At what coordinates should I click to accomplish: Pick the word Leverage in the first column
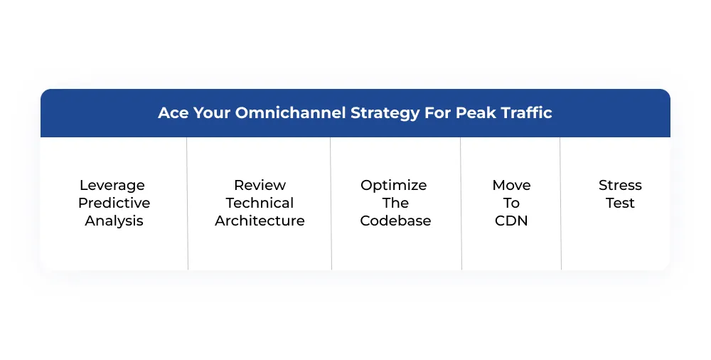point(112,185)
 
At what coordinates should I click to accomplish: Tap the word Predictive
point(114,203)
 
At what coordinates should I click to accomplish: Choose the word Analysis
point(114,221)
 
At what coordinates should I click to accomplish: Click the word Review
point(260,185)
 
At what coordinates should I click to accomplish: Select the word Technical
point(260,203)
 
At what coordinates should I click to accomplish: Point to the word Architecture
point(260,221)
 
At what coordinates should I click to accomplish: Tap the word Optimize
point(394,185)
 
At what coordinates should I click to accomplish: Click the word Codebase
point(395,221)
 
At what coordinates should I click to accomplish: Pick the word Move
point(511,185)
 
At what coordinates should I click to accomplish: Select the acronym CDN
point(511,221)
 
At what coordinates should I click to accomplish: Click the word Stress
point(620,185)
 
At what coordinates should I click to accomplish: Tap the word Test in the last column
point(620,203)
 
